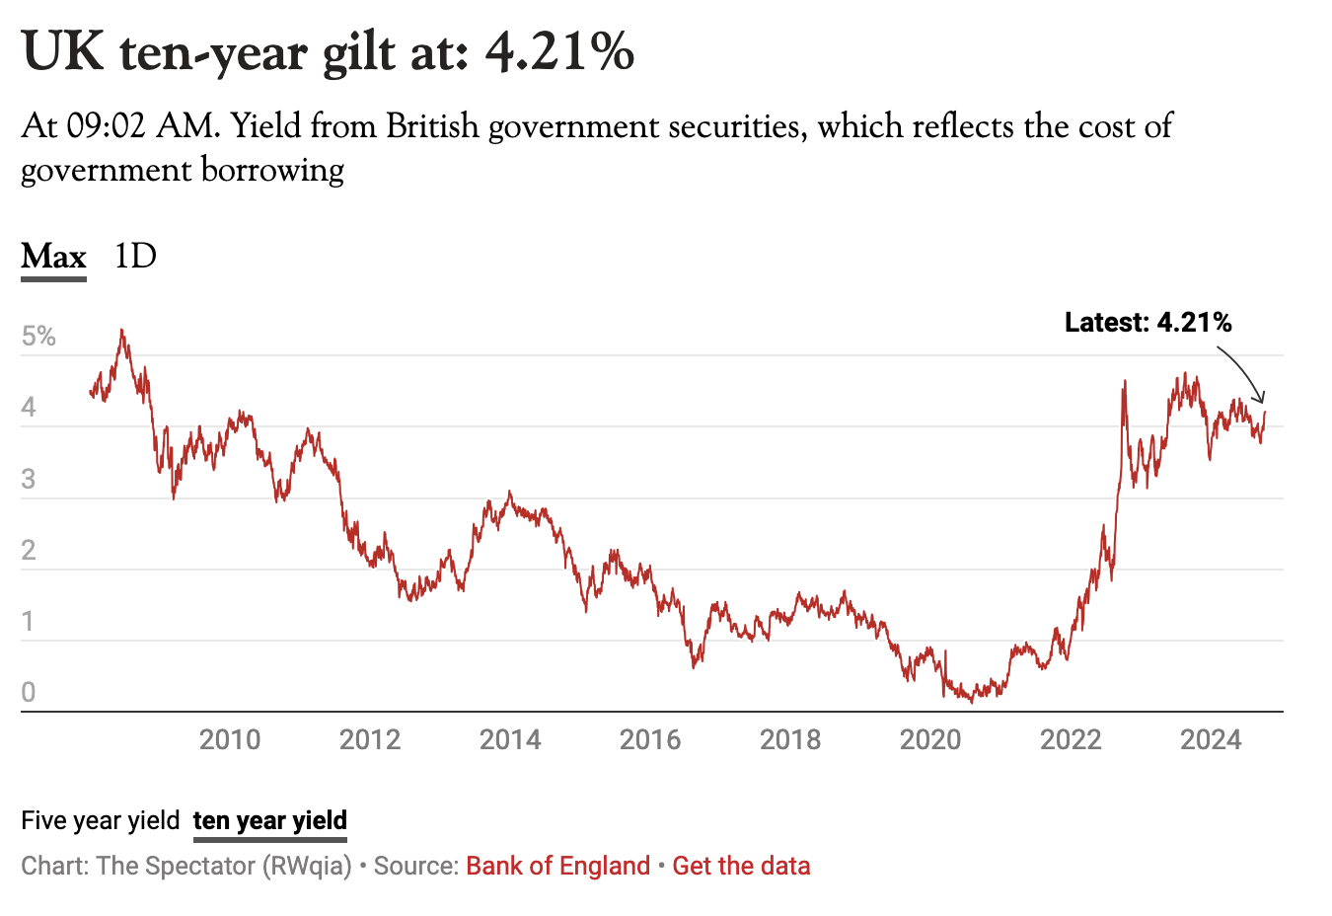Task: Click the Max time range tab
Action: pyautogui.click(x=54, y=257)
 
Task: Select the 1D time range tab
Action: pyautogui.click(x=135, y=257)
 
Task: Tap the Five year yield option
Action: pyautogui.click(x=100, y=820)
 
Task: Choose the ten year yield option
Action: pyautogui.click(x=270, y=820)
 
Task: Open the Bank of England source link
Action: pyautogui.click(x=557, y=866)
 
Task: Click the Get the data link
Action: pyautogui.click(x=741, y=866)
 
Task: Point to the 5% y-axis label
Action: pyautogui.click(x=38, y=337)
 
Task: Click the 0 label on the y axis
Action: pyautogui.click(x=29, y=692)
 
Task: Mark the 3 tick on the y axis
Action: pyautogui.click(x=29, y=479)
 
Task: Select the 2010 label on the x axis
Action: pyautogui.click(x=230, y=739)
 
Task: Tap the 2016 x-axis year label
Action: pyautogui.click(x=650, y=739)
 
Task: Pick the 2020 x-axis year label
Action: pyautogui.click(x=930, y=739)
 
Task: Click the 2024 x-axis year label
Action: pyautogui.click(x=1211, y=739)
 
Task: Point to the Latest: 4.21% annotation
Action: pyautogui.click(x=1147, y=322)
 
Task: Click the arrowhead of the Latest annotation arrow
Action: pyautogui.click(x=1261, y=399)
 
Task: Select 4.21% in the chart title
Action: pyautogui.click(x=559, y=51)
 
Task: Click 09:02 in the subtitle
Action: pyautogui.click(x=106, y=126)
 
